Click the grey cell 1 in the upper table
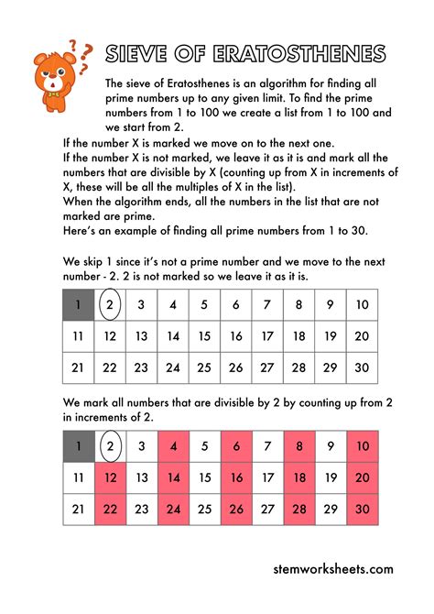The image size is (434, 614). [x=79, y=305]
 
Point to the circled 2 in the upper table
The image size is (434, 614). [x=110, y=305]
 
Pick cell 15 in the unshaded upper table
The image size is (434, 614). [x=203, y=336]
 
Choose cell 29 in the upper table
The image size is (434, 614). [x=330, y=367]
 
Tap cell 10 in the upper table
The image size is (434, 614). [x=362, y=305]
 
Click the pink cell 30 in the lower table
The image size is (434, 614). [x=362, y=509]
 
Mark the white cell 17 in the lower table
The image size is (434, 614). [x=266, y=477]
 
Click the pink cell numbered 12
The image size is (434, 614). [x=110, y=477]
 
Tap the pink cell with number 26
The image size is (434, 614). [x=235, y=509]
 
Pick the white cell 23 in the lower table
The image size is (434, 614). [x=141, y=509]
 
